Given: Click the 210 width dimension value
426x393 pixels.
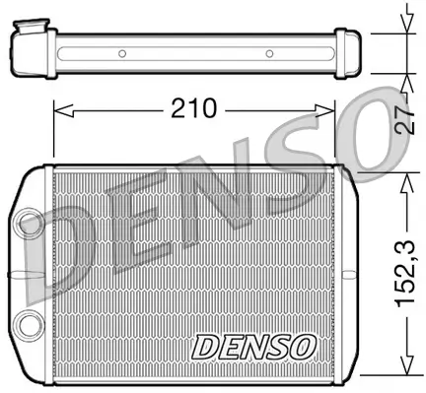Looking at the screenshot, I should pos(195,108).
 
